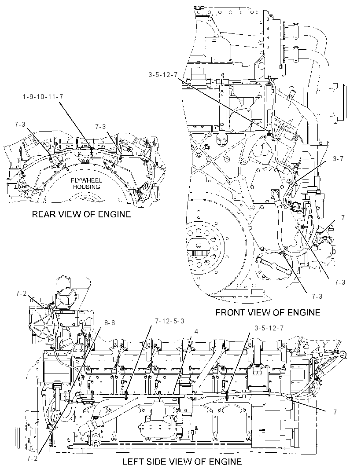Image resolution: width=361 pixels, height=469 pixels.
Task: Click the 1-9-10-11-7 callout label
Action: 43,97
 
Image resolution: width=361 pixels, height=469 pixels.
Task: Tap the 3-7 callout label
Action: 338,159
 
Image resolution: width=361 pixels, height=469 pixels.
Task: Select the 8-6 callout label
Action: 110,323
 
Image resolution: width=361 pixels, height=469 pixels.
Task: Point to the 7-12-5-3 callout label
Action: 169,321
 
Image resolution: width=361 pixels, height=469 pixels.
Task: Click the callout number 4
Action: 196,332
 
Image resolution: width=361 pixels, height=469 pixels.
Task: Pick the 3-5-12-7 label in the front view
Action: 163,75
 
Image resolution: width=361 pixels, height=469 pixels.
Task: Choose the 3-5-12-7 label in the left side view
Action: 269,328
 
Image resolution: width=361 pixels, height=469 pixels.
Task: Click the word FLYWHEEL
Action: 87,180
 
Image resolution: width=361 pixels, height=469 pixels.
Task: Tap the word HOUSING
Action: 87,187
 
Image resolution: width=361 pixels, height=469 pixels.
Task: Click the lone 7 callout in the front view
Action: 343,218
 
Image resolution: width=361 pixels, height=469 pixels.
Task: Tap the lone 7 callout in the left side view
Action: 335,412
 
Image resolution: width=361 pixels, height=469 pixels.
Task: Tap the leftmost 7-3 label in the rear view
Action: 20,124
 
